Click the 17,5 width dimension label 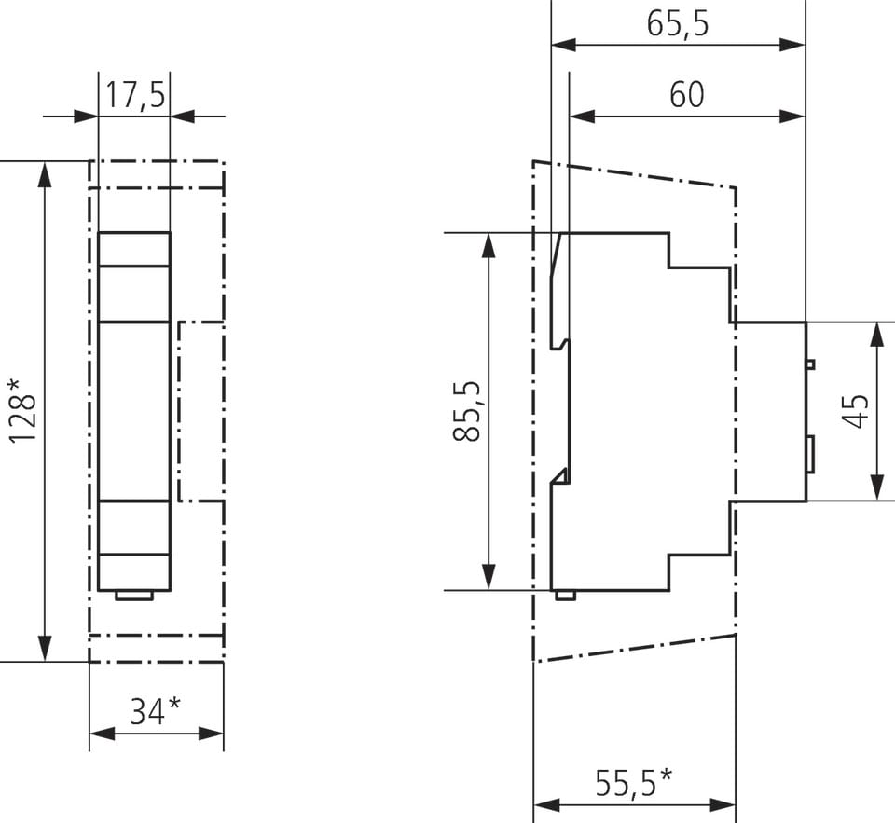click(x=136, y=95)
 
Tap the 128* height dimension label click(x=22, y=410)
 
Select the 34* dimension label click(x=156, y=711)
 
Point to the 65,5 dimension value click(x=678, y=23)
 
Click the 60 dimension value click(x=687, y=95)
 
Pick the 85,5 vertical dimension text click(x=466, y=411)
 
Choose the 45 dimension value click(x=855, y=411)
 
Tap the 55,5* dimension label click(x=634, y=783)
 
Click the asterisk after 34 click(x=174, y=704)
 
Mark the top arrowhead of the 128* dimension click(x=45, y=174)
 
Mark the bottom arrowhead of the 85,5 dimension click(x=489, y=576)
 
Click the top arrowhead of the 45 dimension click(x=878, y=335)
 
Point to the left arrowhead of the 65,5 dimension click(x=564, y=45)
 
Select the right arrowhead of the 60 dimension click(x=792, y=117)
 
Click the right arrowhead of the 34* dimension click(x=211, y=734)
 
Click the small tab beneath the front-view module click(x=134, y=596)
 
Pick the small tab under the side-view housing click(x=565, y=596)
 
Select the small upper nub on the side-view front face click(x=810, y=364)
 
